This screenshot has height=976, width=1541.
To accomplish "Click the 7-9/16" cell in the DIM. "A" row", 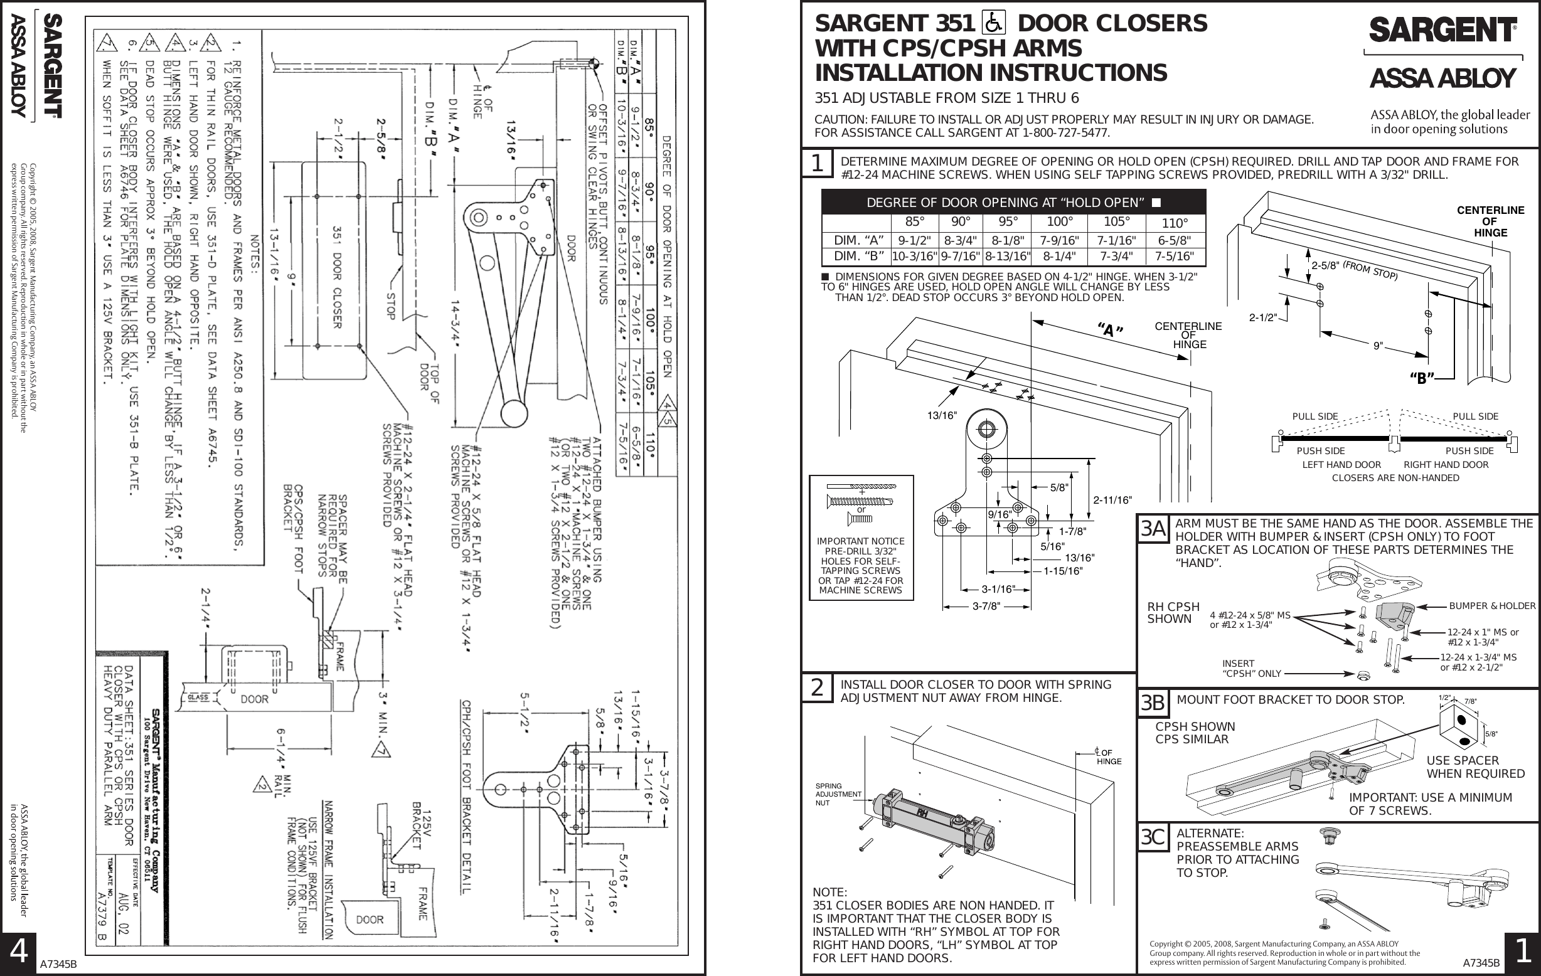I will [x=1059, y=240].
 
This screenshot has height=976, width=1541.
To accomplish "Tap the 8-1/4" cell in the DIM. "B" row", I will [x=1059, y=257].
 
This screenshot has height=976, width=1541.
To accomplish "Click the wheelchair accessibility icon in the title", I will [x=993, y=24].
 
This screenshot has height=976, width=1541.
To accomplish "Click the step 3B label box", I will [x=1153, y=704].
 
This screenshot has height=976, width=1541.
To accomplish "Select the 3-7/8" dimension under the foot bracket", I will [x=986, y=607].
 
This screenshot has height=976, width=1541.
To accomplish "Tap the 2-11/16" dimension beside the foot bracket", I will [x=1112, y=500].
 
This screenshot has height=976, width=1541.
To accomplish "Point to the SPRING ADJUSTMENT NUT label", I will [x=837, y=794].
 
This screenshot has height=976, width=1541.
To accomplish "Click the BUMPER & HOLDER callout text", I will [x=1491, y=606].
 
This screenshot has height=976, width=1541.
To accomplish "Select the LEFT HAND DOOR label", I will [x=1341, y=465].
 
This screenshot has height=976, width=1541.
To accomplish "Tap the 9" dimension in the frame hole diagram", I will [x=1378, y=346].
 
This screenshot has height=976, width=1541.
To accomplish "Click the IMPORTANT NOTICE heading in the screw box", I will [x=861, y=541].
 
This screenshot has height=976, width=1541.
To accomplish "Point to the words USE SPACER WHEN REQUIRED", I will [x=1475, y=767].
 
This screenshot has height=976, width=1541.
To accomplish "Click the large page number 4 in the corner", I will [x=19, y=952].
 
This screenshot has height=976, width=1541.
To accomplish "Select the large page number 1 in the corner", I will [x=1522, y=952].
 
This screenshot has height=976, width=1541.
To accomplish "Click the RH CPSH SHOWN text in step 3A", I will [x=1173, y=613].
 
